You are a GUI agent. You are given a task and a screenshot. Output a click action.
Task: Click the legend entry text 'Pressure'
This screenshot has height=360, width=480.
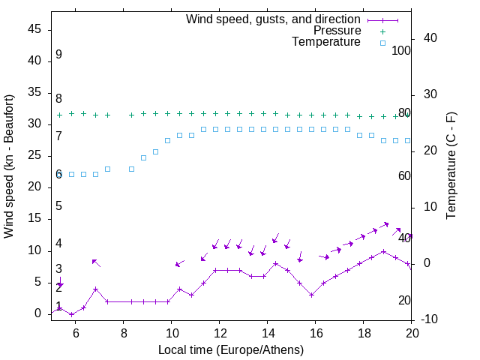click(x=338, y=31)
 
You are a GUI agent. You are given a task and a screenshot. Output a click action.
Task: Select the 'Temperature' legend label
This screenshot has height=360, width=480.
click(x=326, y=42)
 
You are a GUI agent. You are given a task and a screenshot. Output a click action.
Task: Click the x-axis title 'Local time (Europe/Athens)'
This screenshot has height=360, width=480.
click(x=231, y=350)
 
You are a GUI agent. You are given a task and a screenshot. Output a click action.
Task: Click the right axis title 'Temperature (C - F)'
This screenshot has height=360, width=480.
click(x=451, y=166)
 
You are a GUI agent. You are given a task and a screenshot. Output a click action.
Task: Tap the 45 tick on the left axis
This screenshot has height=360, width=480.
click(x=34, y=29)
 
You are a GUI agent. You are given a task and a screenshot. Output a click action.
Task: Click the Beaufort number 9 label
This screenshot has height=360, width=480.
click(x=58, y=55)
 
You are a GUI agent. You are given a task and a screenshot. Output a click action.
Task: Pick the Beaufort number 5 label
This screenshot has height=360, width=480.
click(x=58, y=206)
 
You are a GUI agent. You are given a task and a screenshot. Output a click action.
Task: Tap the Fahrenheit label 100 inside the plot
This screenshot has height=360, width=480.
click(x=402, y=51)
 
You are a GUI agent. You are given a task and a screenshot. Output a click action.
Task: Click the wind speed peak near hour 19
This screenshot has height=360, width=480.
click(x=384, y=251)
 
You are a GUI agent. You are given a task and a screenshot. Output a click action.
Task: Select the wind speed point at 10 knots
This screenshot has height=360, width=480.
click(x=384, y=251)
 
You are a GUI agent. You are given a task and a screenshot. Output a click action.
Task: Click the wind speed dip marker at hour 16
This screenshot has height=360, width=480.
click(x=312, y=295)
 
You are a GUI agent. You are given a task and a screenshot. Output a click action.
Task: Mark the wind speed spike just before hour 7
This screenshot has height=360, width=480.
click(x=95, y=289)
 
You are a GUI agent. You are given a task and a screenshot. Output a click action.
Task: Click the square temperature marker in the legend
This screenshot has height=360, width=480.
click(x=382, y=43)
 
